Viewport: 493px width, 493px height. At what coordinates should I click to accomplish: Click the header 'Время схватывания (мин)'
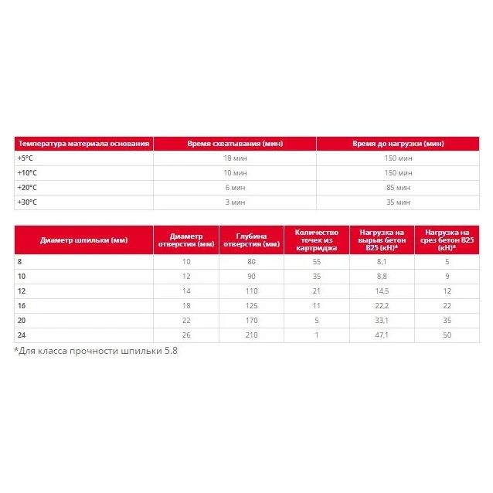click(234, 144)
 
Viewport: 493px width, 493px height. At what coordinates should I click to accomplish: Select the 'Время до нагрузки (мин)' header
click(397, 144)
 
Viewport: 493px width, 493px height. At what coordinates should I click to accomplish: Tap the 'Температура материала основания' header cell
click(83, 144)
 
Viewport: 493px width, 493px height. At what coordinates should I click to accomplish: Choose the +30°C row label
click(28, 202)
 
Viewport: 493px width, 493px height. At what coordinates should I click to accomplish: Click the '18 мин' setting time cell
click(234, 158)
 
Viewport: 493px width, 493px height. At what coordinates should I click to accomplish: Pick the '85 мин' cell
click(397, 187)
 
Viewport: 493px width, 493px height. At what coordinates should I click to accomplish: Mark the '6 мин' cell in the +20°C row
click(234, 187)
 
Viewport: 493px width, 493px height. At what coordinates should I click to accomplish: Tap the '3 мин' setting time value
click(234, 202)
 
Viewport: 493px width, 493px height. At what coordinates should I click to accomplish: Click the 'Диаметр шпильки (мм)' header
click(83, 240)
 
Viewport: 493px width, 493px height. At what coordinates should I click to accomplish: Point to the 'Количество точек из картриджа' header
click(316, 240)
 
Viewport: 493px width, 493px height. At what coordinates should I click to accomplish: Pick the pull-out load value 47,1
click(381, 335)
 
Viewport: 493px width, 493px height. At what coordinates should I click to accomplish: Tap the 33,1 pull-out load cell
click(381, 320)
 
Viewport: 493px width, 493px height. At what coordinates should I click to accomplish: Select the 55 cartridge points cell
click(316, 261)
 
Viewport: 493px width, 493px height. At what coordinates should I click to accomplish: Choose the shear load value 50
click(447, 335)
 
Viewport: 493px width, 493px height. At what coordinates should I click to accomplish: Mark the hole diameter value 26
click(185, 335)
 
